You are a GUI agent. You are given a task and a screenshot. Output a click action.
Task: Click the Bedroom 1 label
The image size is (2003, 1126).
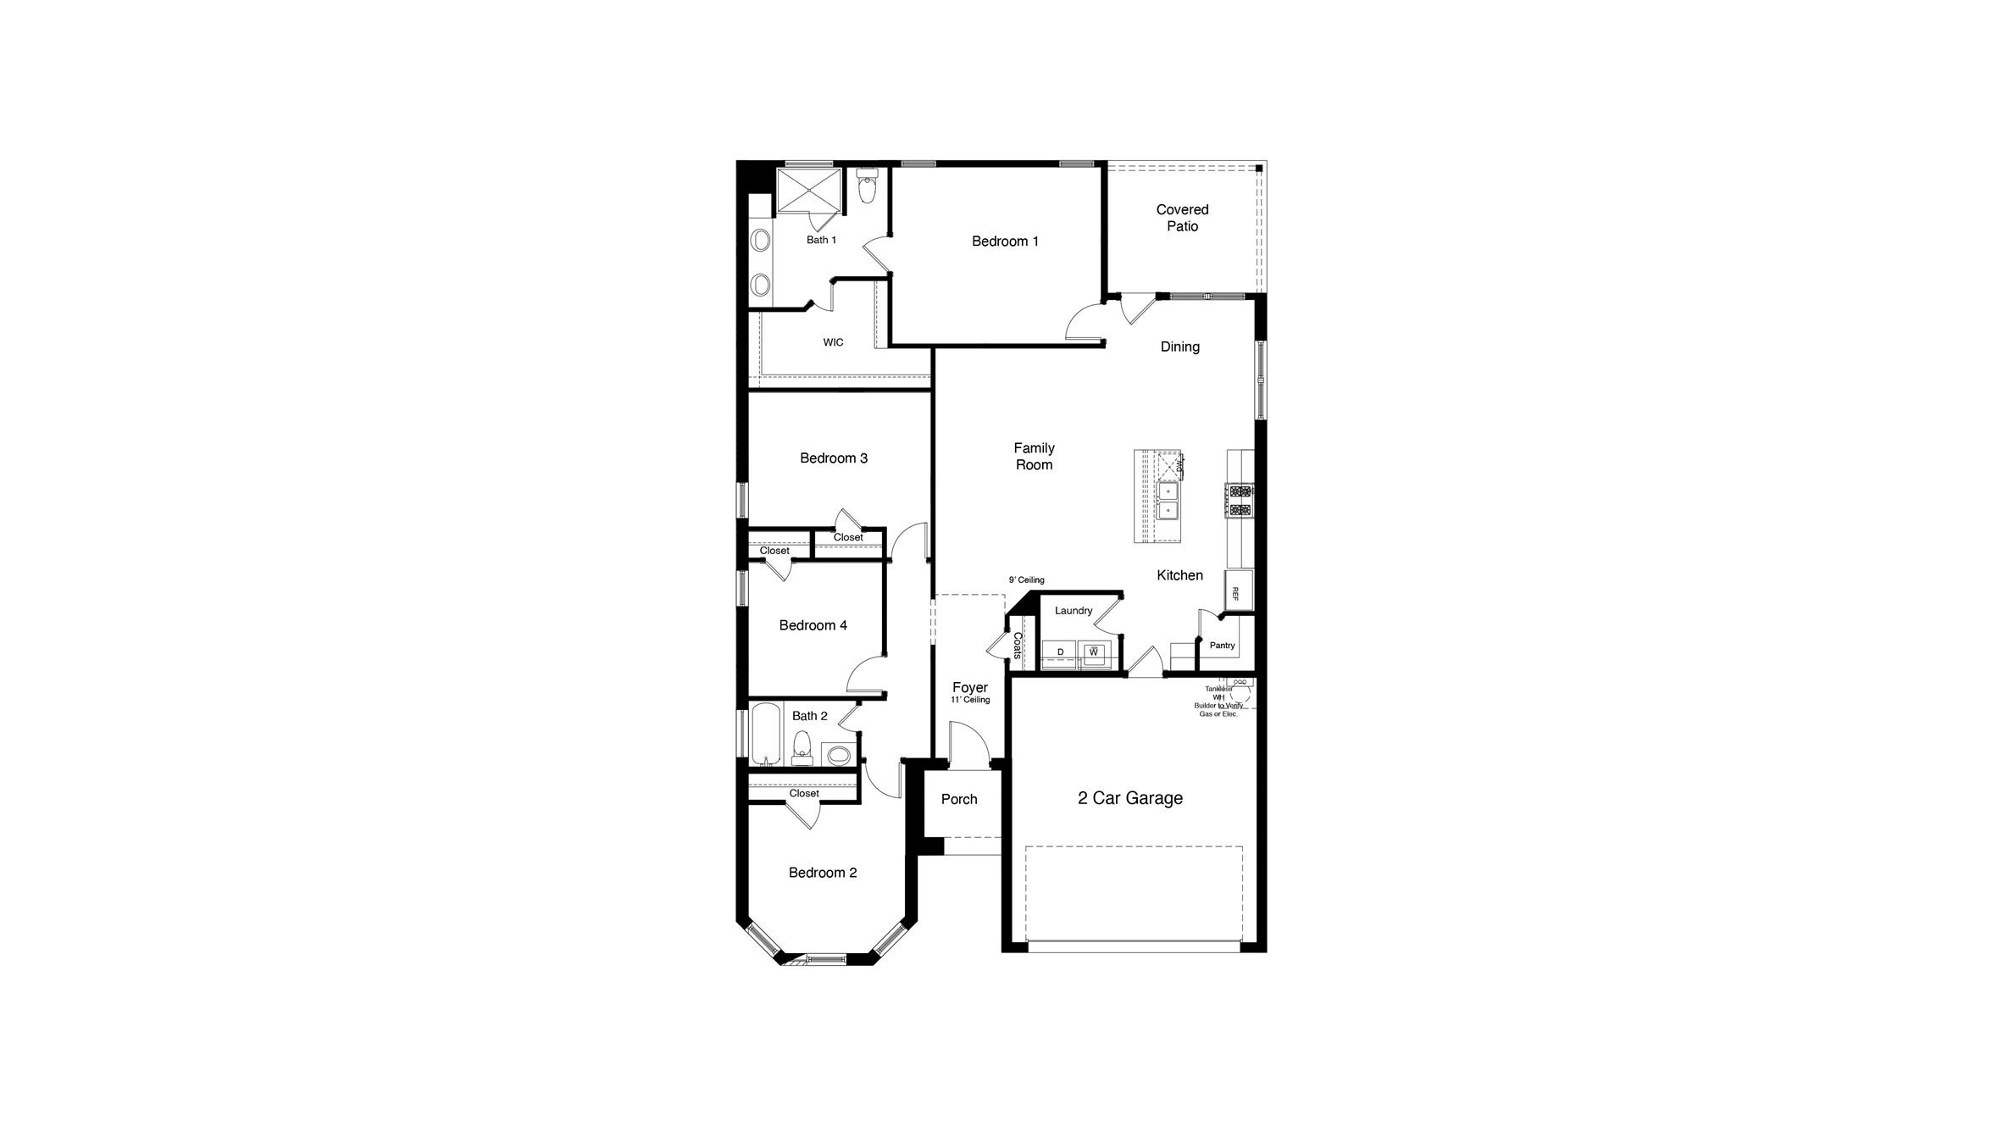point(1005,241)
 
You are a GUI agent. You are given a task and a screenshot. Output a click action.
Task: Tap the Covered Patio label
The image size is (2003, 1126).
point(1182,218)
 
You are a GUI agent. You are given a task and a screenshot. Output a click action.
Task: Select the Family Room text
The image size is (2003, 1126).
point(1034,456)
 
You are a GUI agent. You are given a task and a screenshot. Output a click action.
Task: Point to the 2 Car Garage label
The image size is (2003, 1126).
point(1129,798)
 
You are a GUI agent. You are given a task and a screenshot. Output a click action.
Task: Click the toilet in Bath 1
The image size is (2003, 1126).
point(867,187)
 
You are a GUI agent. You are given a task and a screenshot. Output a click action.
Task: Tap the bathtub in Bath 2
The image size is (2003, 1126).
point(766,734)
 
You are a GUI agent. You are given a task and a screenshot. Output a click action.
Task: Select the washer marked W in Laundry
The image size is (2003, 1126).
point(1094,652)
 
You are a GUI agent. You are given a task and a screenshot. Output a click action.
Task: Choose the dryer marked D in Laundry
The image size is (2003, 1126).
point(1060,652)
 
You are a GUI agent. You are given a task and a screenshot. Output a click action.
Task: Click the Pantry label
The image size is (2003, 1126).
point(1222,646)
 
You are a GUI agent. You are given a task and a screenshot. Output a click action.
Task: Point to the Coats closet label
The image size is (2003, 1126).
point(1017,646)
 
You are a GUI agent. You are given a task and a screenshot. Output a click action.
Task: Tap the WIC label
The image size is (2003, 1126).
point(833,342)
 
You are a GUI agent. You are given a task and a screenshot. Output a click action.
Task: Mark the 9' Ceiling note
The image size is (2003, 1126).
point(1026,580)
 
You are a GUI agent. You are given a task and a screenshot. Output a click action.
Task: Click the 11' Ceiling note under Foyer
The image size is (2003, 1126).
point(970,701)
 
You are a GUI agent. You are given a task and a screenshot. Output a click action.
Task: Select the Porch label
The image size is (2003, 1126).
point(959,799)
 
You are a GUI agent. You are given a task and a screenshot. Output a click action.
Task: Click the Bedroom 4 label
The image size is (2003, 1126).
point(813,625)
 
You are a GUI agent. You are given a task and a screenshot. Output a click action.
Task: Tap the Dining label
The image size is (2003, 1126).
point(1179,347)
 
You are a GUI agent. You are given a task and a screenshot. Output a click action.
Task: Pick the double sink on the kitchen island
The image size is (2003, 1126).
point(1168,501)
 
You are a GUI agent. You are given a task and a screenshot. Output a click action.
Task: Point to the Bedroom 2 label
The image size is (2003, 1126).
point(823,873)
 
